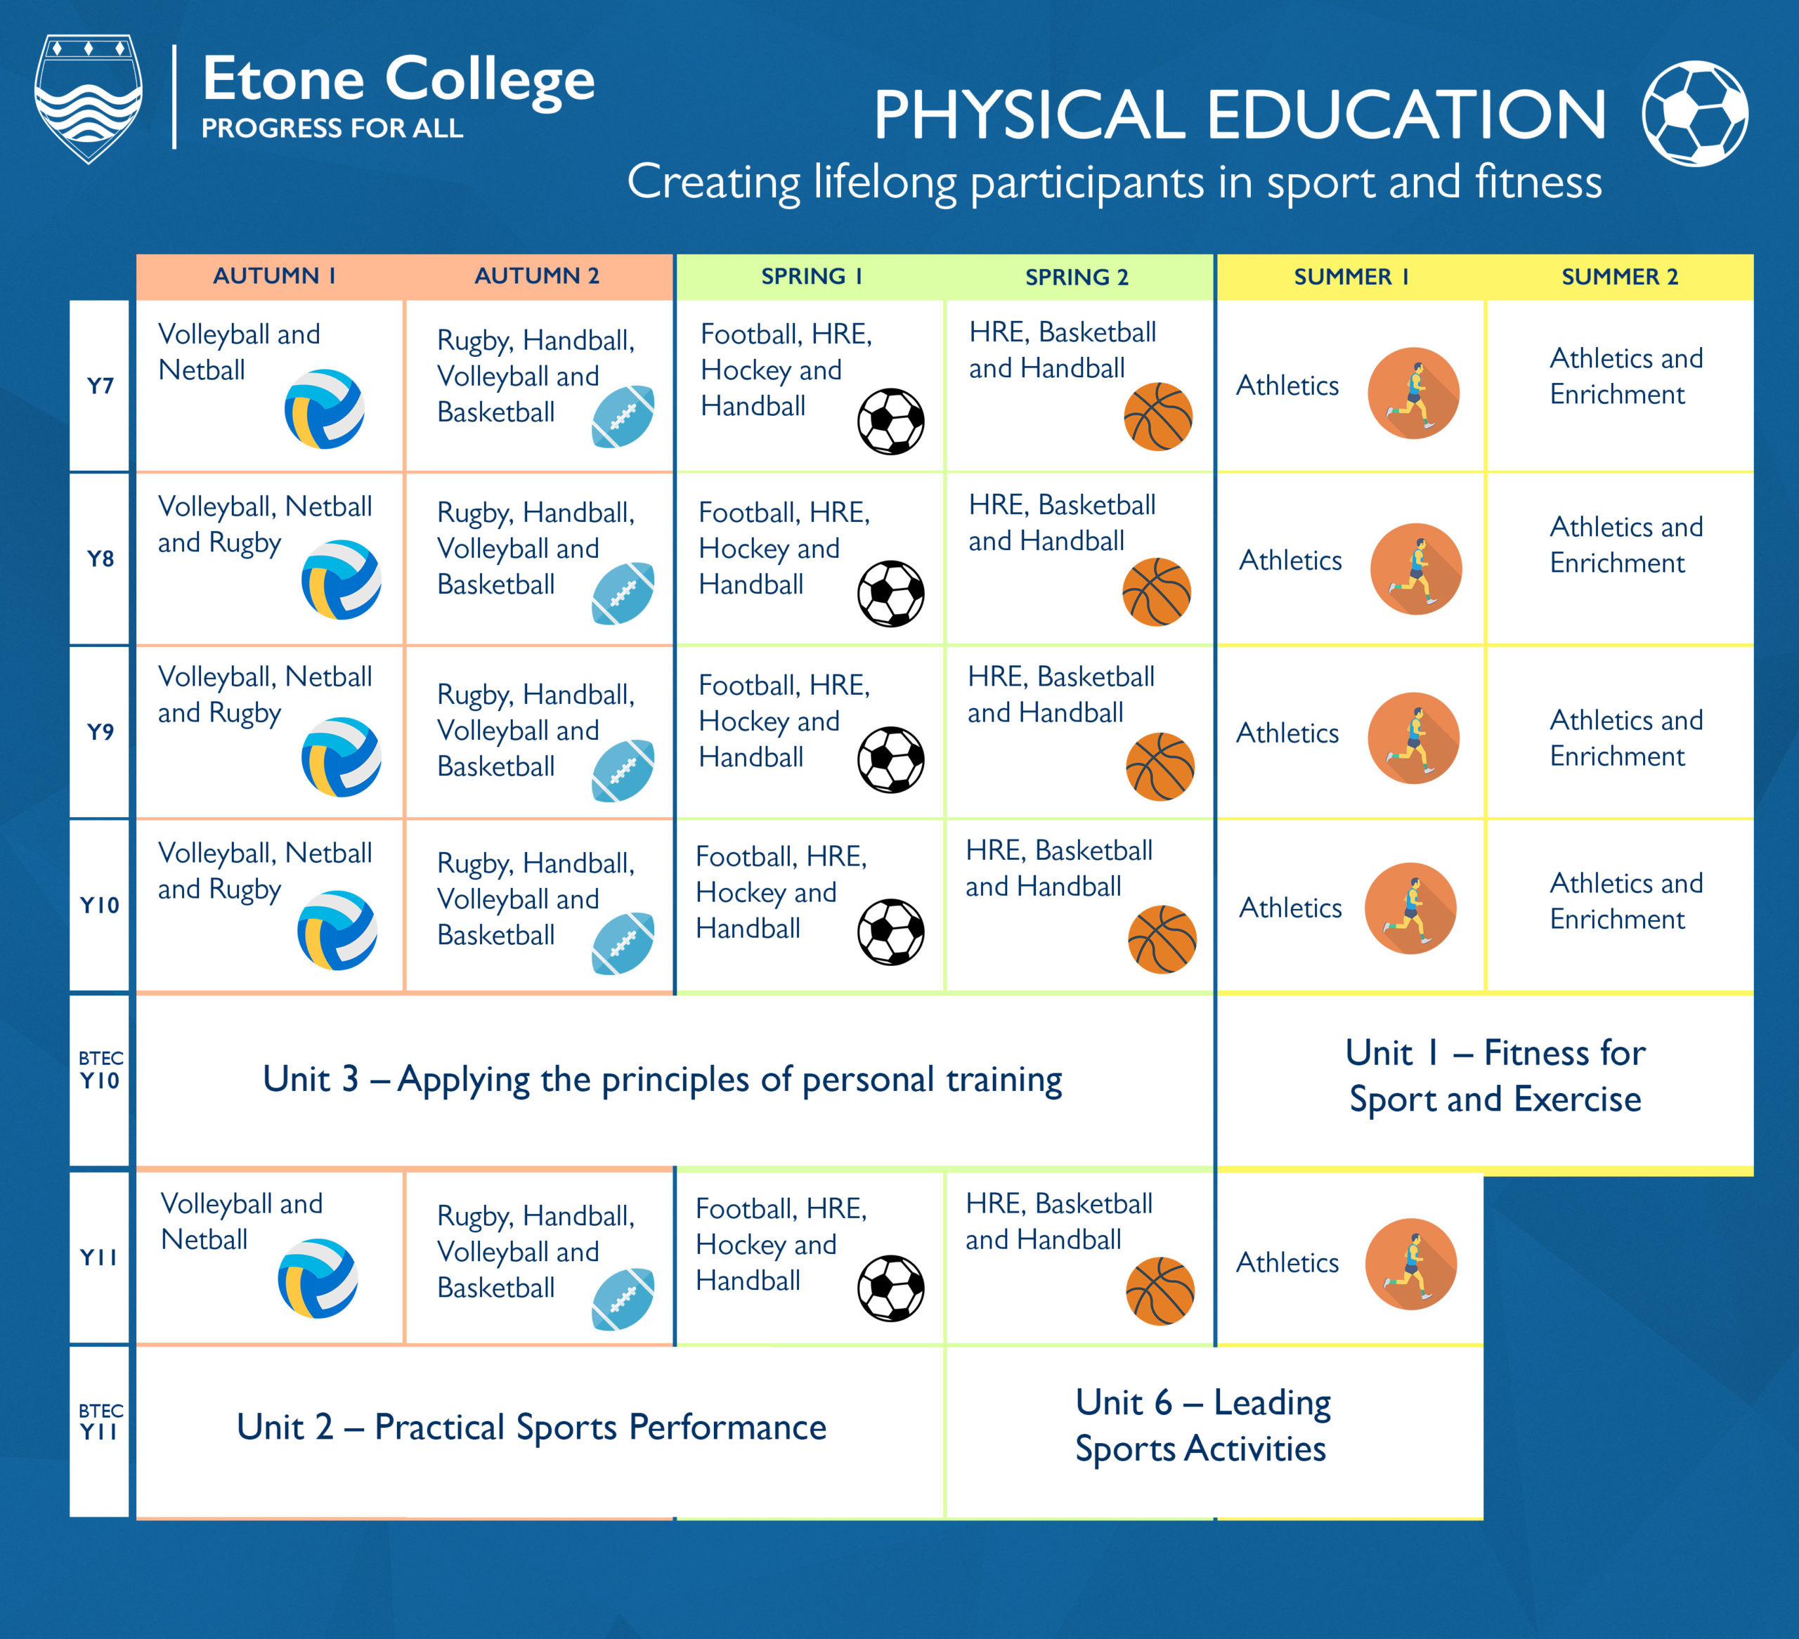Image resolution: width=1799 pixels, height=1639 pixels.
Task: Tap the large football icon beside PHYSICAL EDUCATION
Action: pyautogui.click(x=1694, y=113)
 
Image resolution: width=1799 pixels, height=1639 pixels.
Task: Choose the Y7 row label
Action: pyautogui.click(x=100, y=386)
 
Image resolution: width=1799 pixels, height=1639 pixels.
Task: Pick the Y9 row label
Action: pyautogui.click(x=100, y=731)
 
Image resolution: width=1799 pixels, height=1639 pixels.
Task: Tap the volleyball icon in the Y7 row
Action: pyautogui.click(x=324, y=409)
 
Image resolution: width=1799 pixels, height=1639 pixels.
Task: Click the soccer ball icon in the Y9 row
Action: pyautogui.click(x=890, y=759)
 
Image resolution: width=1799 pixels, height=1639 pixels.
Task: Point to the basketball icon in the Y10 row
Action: pyautogui.click(x=1162, y=939)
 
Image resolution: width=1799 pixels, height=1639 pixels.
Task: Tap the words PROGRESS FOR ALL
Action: pyautogui.click(x=332, y=129)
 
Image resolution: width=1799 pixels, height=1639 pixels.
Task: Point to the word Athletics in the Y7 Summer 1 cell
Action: pyautogui.click(x=1287, y=386)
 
